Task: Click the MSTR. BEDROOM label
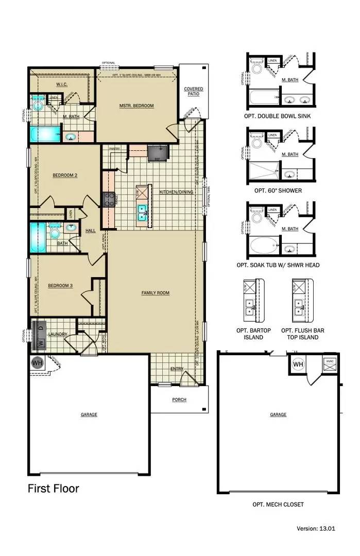136,106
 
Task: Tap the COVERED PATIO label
194,92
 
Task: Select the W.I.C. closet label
63,84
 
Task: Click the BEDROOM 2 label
65,175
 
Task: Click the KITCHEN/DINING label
176,192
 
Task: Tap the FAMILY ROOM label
156,293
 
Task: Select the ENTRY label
177,369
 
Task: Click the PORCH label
179,399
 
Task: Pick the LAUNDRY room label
58,334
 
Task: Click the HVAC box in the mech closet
330,362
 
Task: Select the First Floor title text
54,488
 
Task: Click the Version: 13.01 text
316,528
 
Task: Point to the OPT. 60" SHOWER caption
278,190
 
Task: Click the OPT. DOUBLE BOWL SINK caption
278,116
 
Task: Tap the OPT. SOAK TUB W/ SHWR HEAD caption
278,265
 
